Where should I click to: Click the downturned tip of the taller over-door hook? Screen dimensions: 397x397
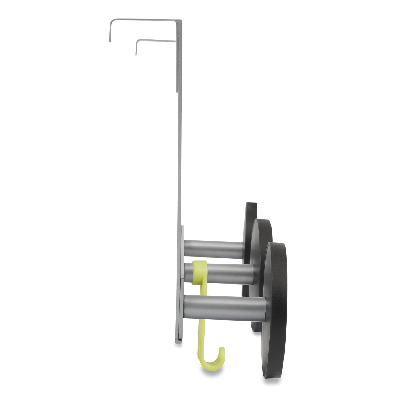click(109, 40)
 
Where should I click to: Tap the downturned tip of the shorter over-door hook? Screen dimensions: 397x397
click(136, 54)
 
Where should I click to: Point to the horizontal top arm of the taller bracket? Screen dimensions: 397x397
click(143, 20)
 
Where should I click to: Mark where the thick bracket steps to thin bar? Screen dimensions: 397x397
click(177, 92)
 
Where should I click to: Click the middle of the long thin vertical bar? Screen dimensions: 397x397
click(179, 159)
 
